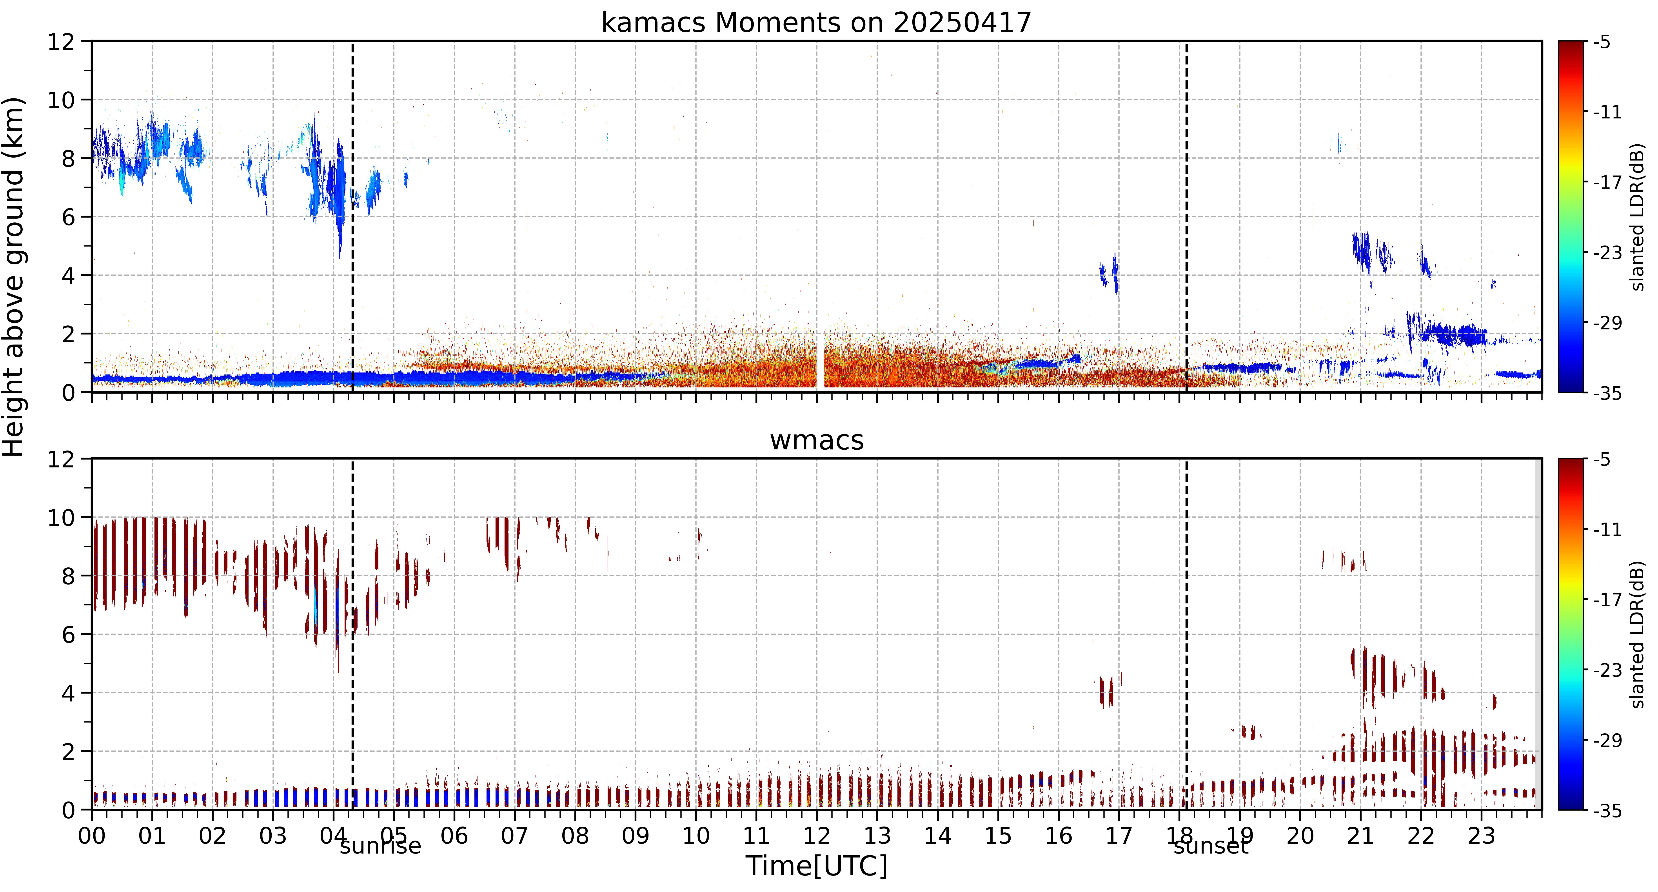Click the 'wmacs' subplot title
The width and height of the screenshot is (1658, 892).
(x=817, y=440)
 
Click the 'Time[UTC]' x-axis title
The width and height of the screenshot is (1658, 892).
(x=816, y=866)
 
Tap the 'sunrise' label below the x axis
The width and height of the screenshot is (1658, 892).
(x=380, y=846)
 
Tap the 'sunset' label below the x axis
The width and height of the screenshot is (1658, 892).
(x=1211, y=846)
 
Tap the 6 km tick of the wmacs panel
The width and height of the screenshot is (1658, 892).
(x=68, y=635)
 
